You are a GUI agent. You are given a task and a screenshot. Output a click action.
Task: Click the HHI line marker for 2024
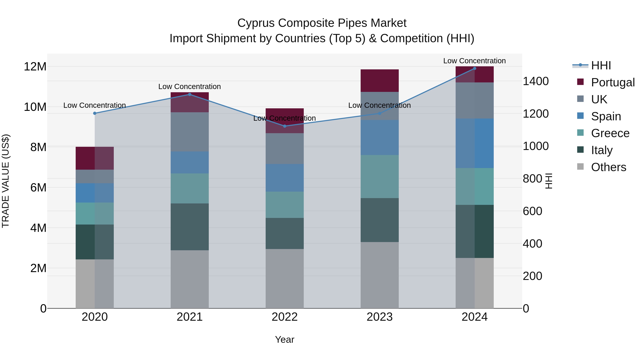click(x=474, y=68)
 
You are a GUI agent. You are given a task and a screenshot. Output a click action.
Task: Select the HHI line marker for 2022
click(x=284, y=126)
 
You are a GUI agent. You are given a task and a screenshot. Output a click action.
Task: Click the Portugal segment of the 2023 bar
click(x=379, y=81)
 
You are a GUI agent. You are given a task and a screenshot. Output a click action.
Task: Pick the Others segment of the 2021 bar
click(x=189, y=279)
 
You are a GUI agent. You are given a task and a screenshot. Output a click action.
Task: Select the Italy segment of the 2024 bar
click(x=474, y=231)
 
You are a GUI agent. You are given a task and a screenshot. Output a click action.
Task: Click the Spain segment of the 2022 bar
click(x=284, y=178)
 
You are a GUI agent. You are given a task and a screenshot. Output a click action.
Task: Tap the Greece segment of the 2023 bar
click(x=379, y=176)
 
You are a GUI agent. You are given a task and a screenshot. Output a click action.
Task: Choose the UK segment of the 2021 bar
click(x=189, y=132)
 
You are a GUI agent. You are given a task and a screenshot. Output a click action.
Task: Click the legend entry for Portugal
click(x=613, y=82)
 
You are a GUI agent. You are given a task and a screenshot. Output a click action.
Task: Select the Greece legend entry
click(x=610, y=133)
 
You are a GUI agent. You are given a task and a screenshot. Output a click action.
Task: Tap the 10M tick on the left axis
click(x=35, y=107)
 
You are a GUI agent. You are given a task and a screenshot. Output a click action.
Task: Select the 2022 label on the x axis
click(x=284, y=317)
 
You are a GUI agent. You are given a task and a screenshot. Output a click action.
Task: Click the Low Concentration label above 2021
click(x=189, y=87)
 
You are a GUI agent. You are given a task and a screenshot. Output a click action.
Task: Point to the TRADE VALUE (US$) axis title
click(x=6, y=181)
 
